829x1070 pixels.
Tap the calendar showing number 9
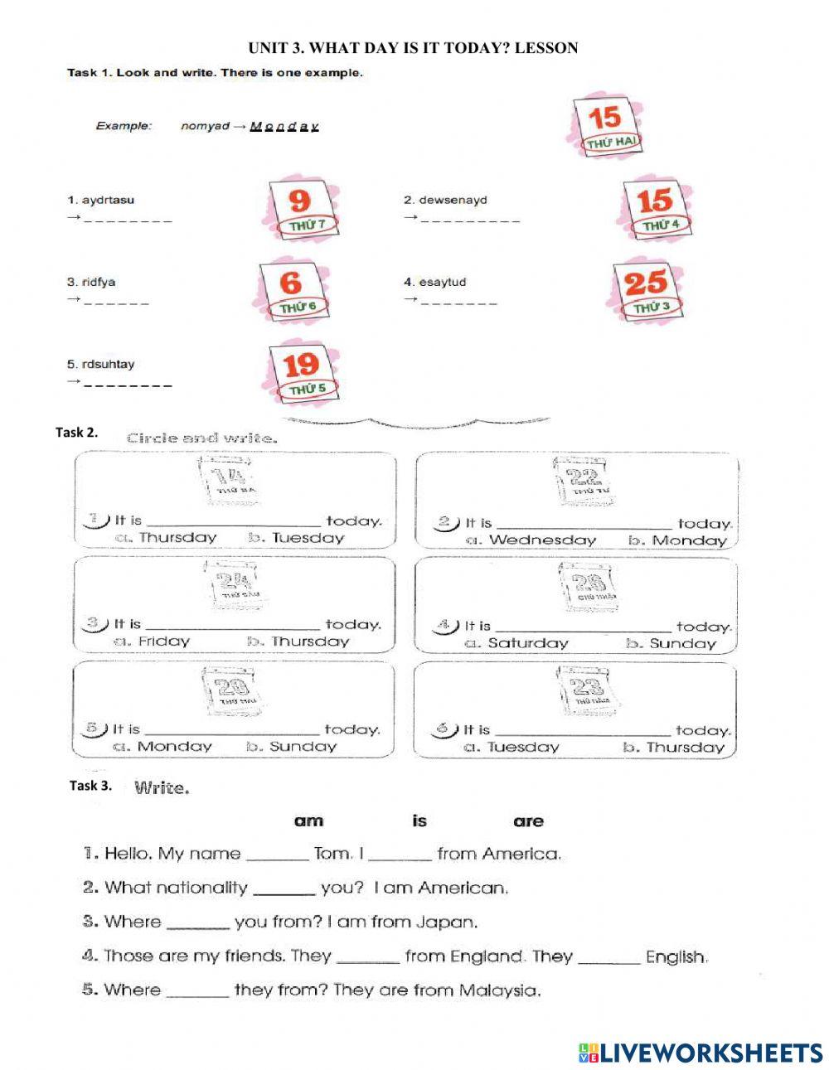[x=300, y=207]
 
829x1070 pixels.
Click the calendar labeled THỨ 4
[x=656, y=207]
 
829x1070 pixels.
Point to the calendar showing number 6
[x=294, y=290]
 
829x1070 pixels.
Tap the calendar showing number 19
[x=302, y=371]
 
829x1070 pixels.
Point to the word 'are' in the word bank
[x=528, y=821]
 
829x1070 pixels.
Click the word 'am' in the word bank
[x=308, y=821]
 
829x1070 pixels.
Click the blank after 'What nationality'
[x=284, y=889]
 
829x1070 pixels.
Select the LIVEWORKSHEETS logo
[x=701, y=1053]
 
